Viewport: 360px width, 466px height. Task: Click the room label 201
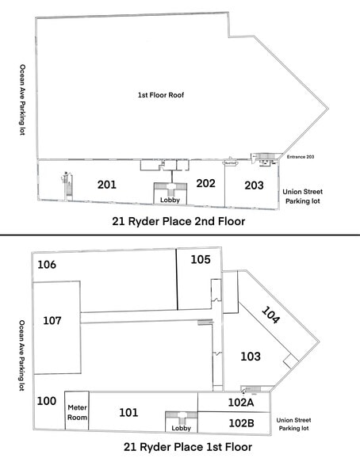(107, 185)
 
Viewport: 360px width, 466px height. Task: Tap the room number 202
(206, 183)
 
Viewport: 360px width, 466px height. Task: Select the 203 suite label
(254, 185)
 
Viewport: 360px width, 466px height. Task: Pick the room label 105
(200, 259)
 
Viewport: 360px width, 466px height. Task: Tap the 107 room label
(52, 320)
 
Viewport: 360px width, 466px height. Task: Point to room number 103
(250, 357)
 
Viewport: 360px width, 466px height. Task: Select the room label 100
(47, 401)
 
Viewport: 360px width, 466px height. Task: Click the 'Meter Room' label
(77, 412)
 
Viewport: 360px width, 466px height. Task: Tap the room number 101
(128, 412)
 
